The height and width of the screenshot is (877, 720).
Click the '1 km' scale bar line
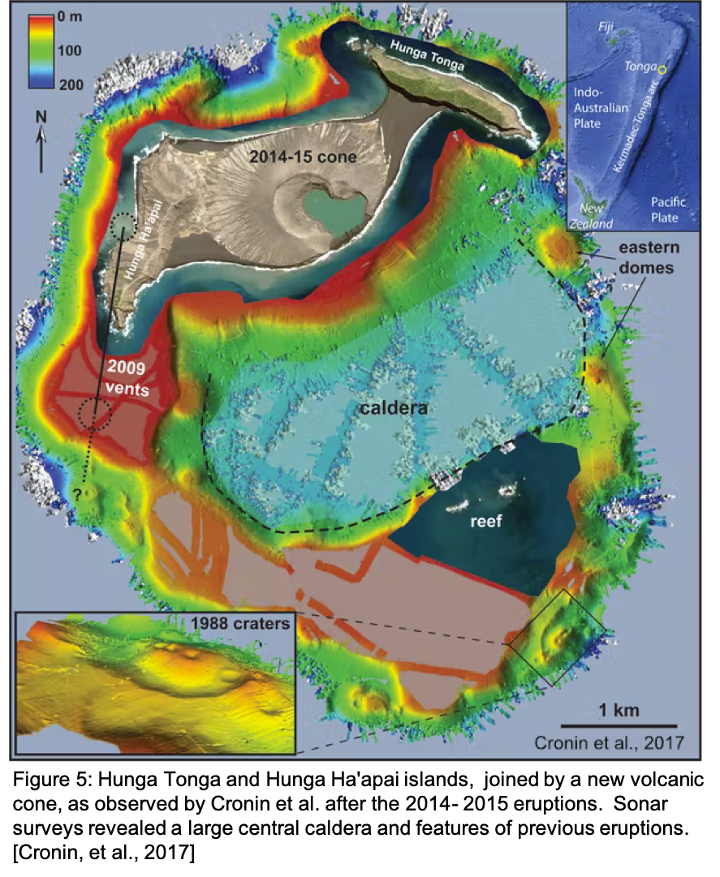pyautogui.click(x=619, y=725)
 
